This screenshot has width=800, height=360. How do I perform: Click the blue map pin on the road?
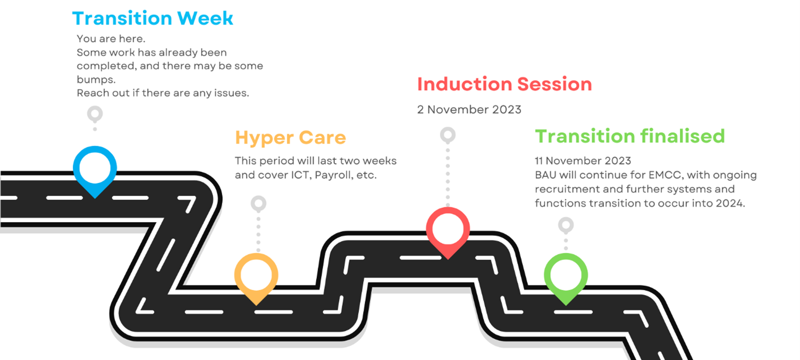coord(95,169)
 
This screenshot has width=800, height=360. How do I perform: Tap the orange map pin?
coord(256,277)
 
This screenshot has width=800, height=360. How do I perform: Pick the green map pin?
coord(566,277)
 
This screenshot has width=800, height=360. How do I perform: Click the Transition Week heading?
coord(153,18)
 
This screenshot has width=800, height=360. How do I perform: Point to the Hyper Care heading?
coord(290,138)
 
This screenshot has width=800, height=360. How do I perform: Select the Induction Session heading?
coord(504,84)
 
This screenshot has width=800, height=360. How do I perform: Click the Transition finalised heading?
coord(629,136)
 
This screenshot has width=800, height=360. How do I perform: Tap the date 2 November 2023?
coord(469,110)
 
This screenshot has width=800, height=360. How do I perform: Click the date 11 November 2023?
coord(583,161)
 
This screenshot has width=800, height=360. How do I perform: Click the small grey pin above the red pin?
coord(448,135)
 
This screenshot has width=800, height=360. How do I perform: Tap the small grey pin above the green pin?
coord(566,225)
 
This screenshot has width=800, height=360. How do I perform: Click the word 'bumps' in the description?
coord(95,79)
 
